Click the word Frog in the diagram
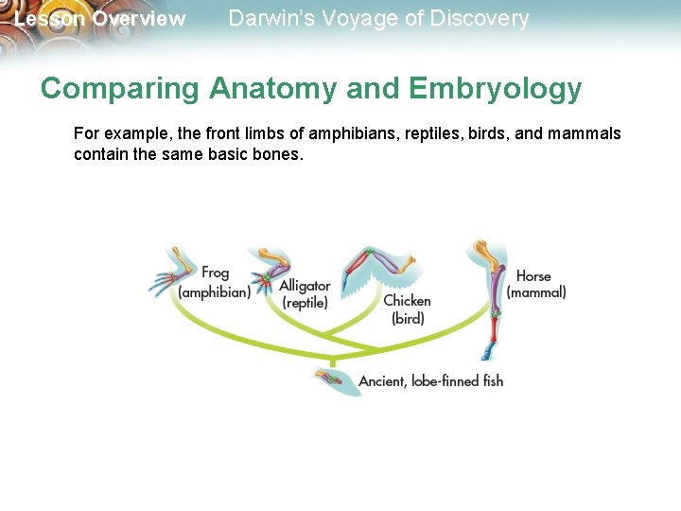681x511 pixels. pyautogui.click(x=215, y=273)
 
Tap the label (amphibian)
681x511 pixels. pyautogui.click(x=215, y=292)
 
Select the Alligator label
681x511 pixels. pyautogui.click(x=305, y=285)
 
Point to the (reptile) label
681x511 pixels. pyautogui.click(x=305, y=303)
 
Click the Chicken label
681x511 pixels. pyautogui.click(x=407, y=301)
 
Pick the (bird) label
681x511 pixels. pyautogui.click(x=408, y=319)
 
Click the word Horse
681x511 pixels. pyautogui.click(x=533, y=275)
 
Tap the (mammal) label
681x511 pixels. pyautogui.click(x=536, y=292)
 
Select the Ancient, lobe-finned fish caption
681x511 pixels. pyautogui.click(x=430, y=381)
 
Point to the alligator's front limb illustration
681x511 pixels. pyautogui.click(x=267, y=271)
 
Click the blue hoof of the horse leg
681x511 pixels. pyautogui.click(x=487, y=353)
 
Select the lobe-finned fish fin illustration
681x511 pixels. pyautogui.click(x=335, y=380)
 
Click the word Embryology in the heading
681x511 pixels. pyautogui.click(x=496, y=89)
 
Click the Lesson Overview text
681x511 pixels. pyautogui.click(x=100, y=19)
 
